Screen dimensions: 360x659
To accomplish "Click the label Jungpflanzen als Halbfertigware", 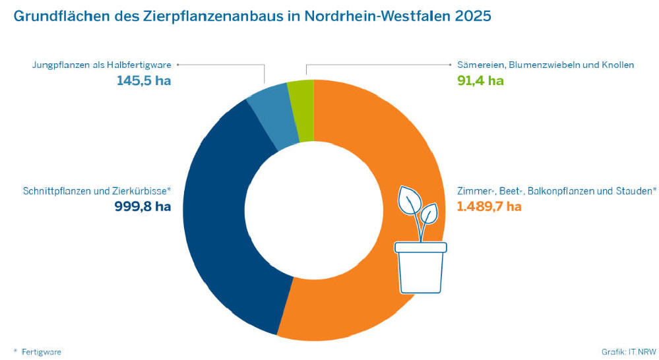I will point(102,65).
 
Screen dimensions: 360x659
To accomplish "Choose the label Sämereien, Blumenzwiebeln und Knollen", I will point(546,65).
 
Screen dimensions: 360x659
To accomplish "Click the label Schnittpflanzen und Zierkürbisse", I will point(96,191).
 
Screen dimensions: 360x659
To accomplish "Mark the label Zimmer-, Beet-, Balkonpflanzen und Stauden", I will point(556,191).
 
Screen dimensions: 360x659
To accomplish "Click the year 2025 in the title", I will point(473,16).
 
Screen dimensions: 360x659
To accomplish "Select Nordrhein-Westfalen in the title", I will point(377,16).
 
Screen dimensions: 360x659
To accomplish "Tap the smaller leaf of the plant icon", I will point(429,213).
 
